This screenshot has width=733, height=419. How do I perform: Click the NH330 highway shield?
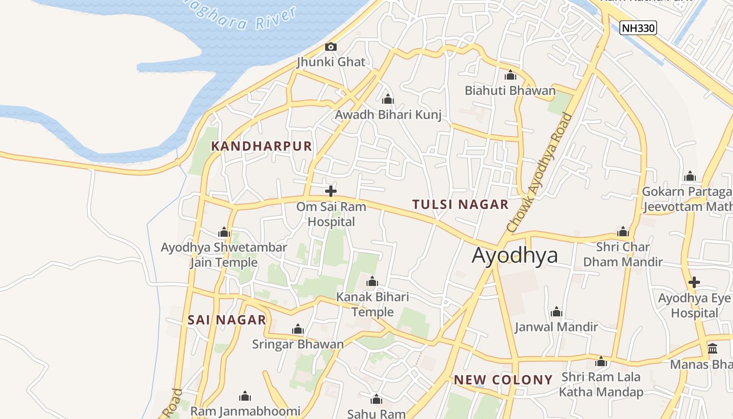[638, 28]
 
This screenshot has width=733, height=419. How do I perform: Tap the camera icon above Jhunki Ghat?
[330, 47]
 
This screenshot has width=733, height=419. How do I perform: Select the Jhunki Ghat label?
[330, 62]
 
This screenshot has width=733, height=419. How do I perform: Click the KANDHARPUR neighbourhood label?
[261, 146]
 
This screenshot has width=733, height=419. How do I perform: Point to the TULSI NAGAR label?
[460, 204]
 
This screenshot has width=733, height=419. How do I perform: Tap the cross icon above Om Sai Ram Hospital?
[331, 191]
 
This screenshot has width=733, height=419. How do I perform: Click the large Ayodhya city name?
[515, 256]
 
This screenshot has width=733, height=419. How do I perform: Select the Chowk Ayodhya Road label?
[540, 173]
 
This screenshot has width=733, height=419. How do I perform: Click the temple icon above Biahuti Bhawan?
[510, 75]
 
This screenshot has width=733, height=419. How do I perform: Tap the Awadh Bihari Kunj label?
[388, 115]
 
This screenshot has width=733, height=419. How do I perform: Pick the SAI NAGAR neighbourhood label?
[227, 320]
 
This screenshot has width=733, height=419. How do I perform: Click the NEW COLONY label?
[503, 380]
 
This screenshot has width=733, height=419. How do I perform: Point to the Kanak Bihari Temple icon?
[372, 282]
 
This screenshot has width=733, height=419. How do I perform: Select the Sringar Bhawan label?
[298, 344]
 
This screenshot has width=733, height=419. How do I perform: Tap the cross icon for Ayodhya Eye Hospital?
[694, 282]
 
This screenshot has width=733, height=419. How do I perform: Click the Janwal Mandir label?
[556, 327]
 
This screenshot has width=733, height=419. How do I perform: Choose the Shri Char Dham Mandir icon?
[623, 231]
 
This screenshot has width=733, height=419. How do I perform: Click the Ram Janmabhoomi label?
[245, 411]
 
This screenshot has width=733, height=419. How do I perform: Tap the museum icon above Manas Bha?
[713, 349]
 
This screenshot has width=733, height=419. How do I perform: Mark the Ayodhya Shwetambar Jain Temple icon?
[224, 233]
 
